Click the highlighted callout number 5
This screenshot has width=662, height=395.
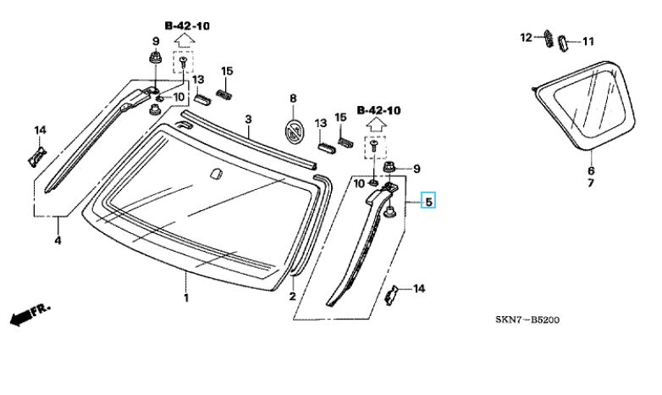428,201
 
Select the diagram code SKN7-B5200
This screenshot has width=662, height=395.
527,320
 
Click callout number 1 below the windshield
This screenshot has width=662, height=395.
186,298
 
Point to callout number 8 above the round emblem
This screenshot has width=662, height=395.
293,98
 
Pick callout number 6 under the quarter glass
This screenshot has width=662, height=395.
591,171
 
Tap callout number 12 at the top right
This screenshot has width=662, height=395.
526,37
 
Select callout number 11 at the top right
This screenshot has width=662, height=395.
588,42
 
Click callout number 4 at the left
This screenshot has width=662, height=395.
58,240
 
